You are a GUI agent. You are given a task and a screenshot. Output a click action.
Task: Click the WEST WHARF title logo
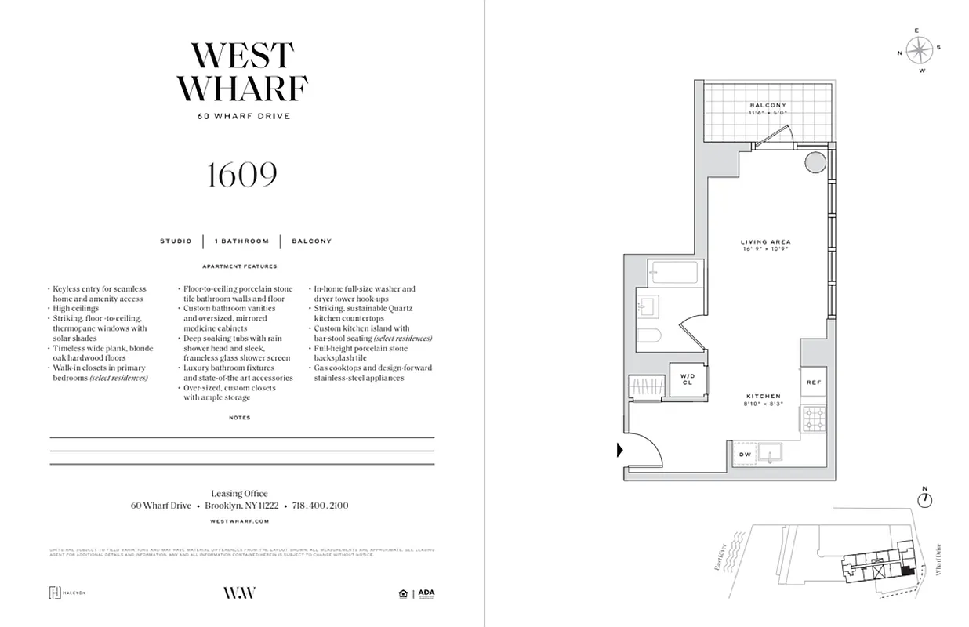[242, 71]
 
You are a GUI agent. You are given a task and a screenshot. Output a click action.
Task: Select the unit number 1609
[241, 175]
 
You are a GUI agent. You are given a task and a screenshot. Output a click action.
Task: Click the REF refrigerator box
[813, 382]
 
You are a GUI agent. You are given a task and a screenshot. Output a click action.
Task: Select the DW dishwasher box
[745, 455]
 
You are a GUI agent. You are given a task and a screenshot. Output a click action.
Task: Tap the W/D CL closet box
[688, 380]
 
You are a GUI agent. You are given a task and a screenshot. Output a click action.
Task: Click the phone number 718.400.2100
[320, 506]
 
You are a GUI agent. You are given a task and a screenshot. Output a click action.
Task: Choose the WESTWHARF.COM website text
[241, 520]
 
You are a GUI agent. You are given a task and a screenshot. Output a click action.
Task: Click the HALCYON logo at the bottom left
[67, 593]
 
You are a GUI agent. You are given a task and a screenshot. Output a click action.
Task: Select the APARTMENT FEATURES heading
[241, 266]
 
